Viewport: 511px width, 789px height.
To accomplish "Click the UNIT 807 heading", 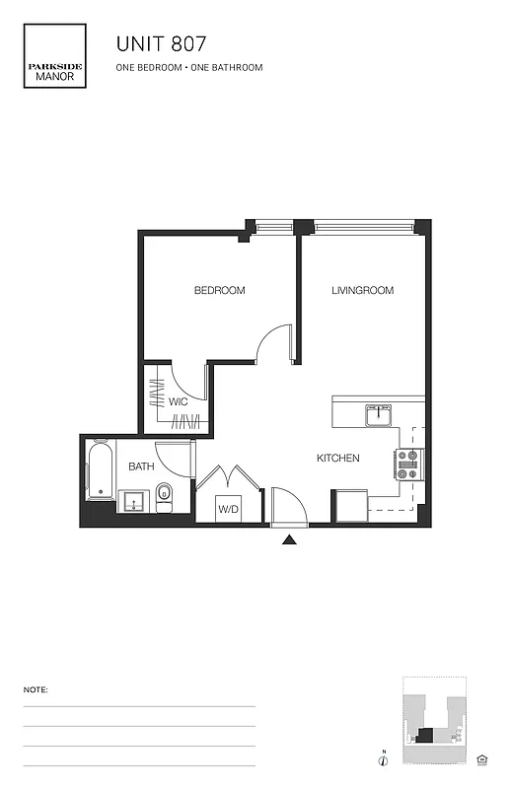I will click(x=162, y=44).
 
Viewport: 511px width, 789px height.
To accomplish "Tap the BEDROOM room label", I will click(x=219, y=291).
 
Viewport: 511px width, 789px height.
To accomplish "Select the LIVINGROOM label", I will click(x=362, y=291).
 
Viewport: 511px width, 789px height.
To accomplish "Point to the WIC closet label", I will click(x=179, y=401).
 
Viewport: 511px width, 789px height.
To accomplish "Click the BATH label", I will click(x=139, y=466).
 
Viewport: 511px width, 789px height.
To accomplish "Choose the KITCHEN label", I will click(x=337, y=459).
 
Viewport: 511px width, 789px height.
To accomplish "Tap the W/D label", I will click(x=228, y=509).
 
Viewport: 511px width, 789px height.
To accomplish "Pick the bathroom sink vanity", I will click(x=133, y=502).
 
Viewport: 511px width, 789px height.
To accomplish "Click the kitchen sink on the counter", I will click(x=379, y=416).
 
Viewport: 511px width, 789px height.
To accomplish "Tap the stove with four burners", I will click(x=409, y=464).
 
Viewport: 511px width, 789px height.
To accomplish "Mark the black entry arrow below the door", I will click(x=289, y=539).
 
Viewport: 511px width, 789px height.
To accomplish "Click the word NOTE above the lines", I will click(x=36, y=690).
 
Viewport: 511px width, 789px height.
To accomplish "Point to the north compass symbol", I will click(x=382, y=758).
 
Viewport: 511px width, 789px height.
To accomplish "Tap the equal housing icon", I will click(x=482, y=758).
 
